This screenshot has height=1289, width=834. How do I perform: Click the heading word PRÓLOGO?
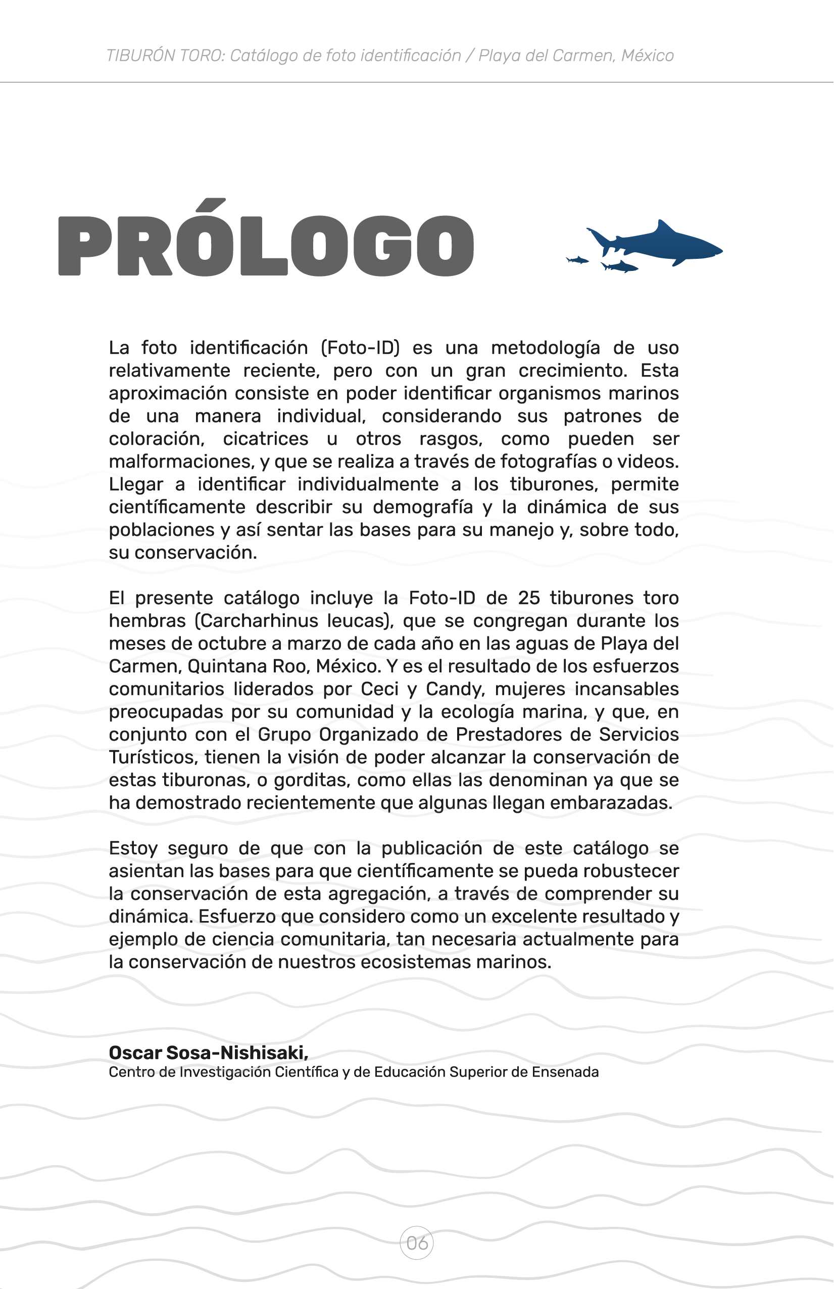pos(266,245)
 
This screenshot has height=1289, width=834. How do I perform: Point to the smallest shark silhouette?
pos(577,260)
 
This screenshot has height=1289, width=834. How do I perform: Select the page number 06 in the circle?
pos(417,1243)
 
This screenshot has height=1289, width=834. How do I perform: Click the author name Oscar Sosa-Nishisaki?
pos(208,1052)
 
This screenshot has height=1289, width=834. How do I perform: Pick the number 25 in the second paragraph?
pos(529,598)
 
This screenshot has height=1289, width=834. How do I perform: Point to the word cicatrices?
pos(265,439)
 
